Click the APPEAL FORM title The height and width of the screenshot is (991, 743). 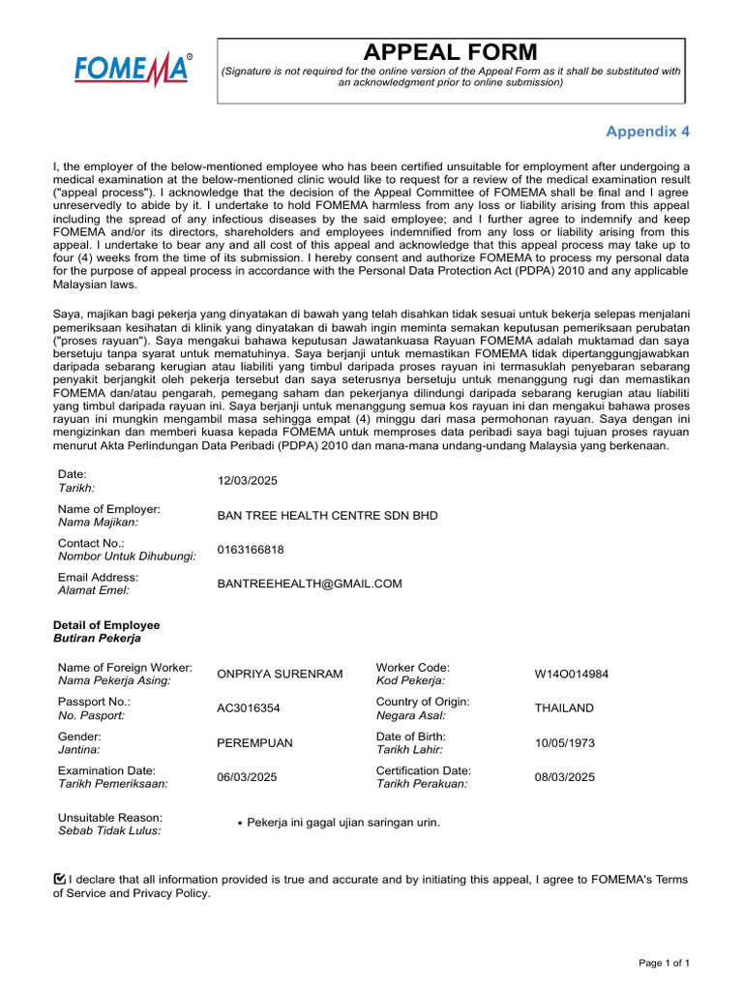(x=450, y=52)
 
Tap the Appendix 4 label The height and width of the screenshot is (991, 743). (x=648, y=131)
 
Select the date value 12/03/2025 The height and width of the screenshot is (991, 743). (x=248, y=481)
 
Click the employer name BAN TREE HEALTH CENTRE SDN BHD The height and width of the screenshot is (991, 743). (x=327, y=516)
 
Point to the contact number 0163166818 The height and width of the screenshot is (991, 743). (x=251, y=550)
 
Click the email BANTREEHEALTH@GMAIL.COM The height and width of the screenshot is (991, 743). (x=309, y=584)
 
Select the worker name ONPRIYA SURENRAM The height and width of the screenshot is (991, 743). (x=280, y=674)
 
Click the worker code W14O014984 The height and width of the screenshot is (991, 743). (x=572, y=674)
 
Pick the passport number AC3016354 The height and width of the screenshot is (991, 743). (x=249, y=708)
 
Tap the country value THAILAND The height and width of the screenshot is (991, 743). (x=564, y=708)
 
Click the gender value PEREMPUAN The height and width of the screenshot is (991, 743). (x=254, y=743)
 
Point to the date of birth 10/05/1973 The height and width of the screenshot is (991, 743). (x=564, y=743)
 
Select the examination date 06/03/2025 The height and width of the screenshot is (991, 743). (x=248, y=777)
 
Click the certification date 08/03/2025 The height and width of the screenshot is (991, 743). (x=564, y=777)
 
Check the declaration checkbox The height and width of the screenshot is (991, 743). (x=60, y=878)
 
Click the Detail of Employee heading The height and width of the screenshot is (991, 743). (x=106, y=625)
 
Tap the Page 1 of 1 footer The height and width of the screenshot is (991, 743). (x=665, y=963)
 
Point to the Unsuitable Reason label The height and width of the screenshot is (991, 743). (x=110, y=818)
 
